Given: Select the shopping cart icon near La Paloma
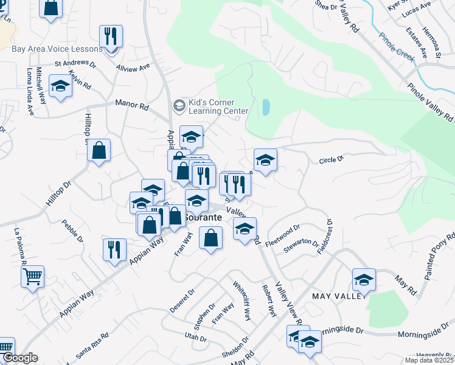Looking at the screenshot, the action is (x=33, y=277).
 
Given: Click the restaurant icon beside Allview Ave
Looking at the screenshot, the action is (x=111, y=36).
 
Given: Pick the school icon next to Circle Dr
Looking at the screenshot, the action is (x=265, y=160).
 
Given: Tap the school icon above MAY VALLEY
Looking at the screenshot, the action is (x=364, y=280).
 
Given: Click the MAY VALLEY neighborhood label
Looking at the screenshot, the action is (x=339, y=296).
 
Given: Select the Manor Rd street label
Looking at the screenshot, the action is (x=132, y=105).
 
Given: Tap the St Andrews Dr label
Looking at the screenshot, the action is (x=75, y=63).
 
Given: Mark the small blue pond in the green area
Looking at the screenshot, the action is (x=266, y=108).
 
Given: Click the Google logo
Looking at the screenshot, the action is (x=19, y=358).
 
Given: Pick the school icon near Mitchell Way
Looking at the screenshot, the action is (x=60, y=86).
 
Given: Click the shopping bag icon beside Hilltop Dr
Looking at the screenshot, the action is (x=99, y=151).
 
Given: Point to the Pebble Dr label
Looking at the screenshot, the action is (x=72, y=231).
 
